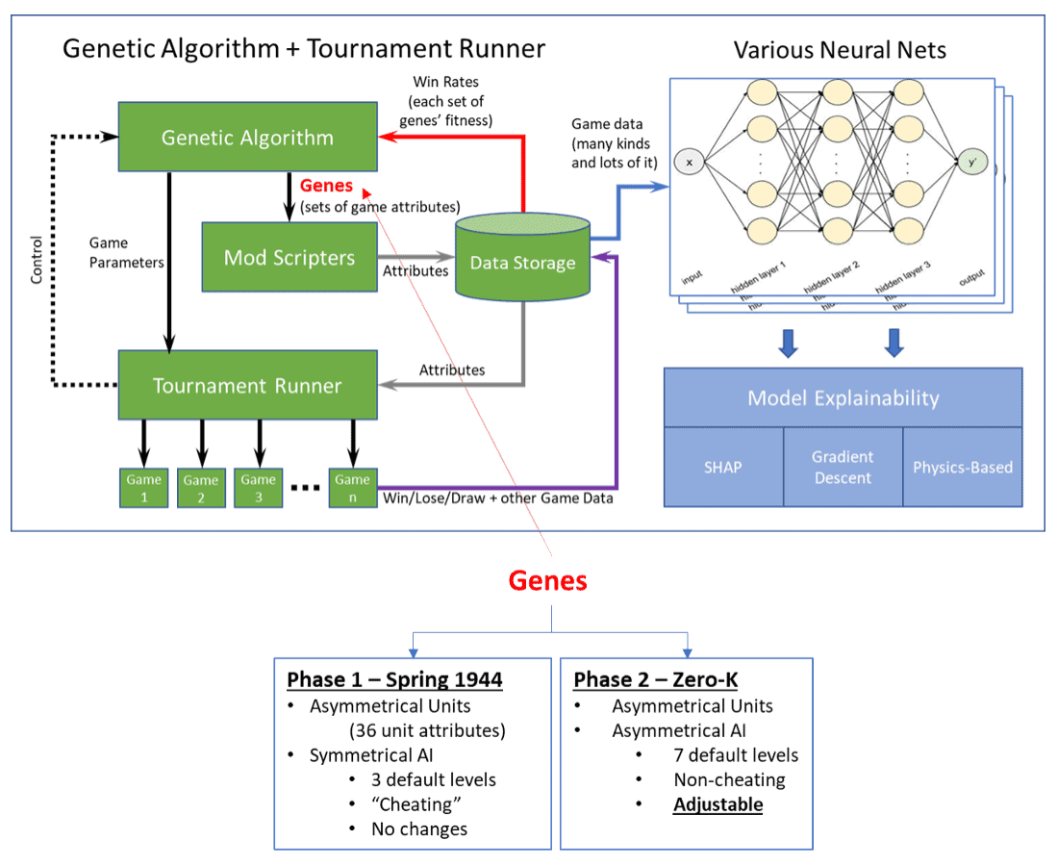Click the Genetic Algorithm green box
247,138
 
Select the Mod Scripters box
289,257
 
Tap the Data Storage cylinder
522,262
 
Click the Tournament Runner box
247,386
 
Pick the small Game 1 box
143,488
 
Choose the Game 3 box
259,488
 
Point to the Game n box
352,488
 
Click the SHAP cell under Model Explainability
723,468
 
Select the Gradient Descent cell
843,468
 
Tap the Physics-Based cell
963,468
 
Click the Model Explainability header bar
843,397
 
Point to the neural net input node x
689,163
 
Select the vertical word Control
37,259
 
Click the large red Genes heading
547,581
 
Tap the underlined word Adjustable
717,804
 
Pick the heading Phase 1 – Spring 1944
394,680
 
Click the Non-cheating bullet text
729,779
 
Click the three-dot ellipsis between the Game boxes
305,488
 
